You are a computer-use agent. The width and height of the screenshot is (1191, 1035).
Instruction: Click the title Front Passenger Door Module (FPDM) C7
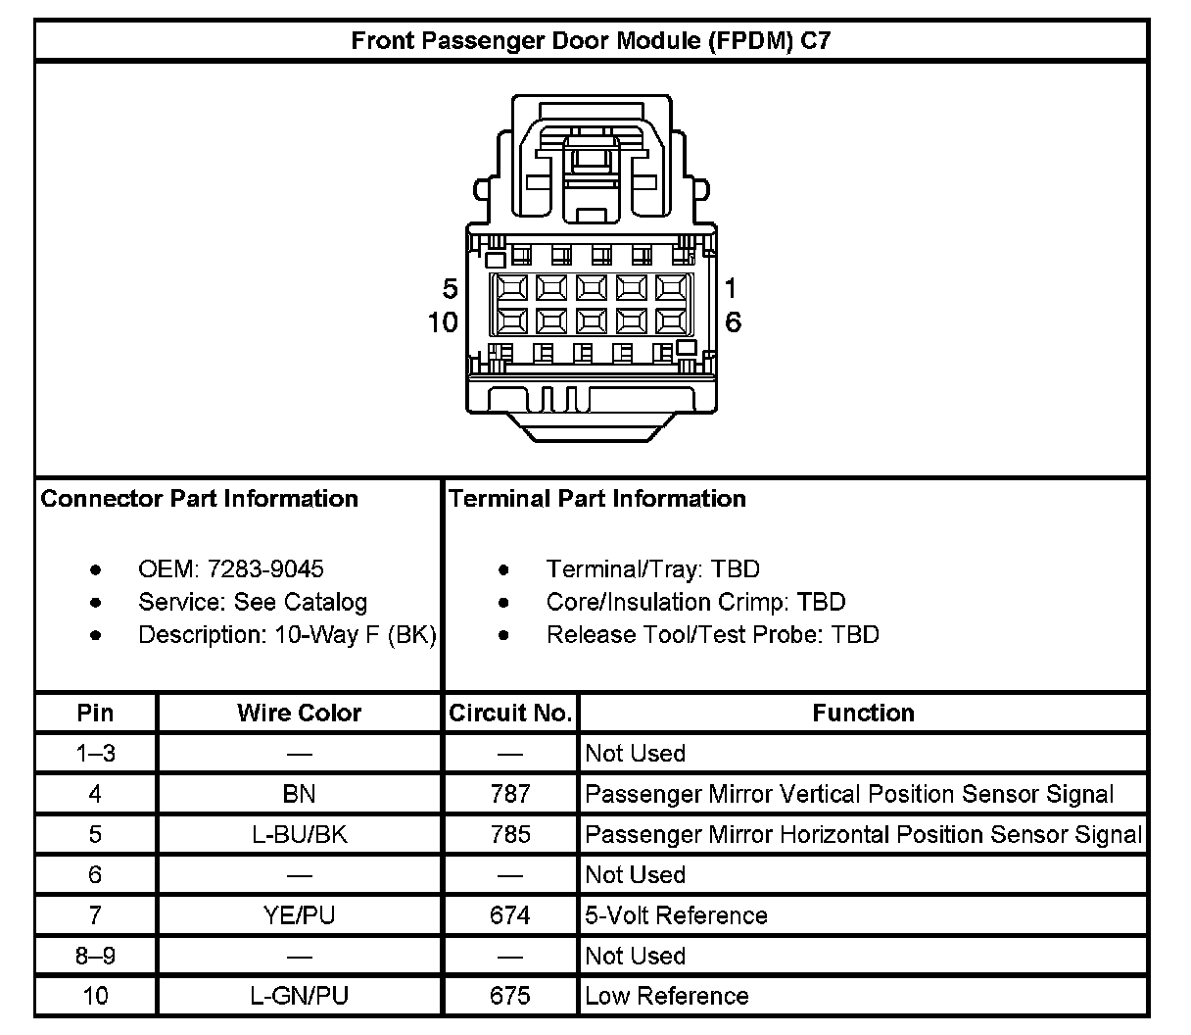pyautogui.click(x=591, y=41)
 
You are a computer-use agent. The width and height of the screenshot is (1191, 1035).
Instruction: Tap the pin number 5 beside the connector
pyautogui.click(x=450, y=289)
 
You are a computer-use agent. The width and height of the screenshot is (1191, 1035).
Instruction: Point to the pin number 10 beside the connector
pyautogui.click(x=443, y=322)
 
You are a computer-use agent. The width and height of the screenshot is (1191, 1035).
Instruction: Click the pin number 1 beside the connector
pyautogui.click(x=731, y=289)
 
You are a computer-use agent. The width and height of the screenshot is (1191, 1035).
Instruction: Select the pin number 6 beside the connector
pyautogui.click(x=733, y=322)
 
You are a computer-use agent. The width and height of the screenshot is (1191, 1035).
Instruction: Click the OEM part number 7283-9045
pyautogui.click(x=265, y=569)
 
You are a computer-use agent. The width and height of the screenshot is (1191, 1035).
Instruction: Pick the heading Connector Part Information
pyautogui.click(x=200, y=499)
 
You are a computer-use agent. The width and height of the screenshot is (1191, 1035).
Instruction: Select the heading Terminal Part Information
pyautogui.click(x=597, y=499)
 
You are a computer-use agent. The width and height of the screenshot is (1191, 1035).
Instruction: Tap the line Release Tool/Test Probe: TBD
pyautogui.click(x=712, y=635)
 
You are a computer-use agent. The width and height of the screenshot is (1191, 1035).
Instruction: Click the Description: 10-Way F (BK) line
pyautogui.click(x=287, y=635)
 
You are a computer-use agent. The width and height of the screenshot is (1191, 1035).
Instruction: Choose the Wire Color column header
pyautogui.click(x=299, y=713)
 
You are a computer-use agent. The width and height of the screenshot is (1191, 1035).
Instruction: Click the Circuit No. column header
pyautogui.click(x=510, y=713)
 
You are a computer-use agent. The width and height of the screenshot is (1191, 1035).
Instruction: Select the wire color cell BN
pyautogui.click(x=299, y=794)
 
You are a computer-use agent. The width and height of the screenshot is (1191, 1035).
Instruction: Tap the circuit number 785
pyautogui.click(x=510, y=834)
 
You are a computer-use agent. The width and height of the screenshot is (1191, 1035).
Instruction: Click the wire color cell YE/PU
pyautogui.click(x=299, y=915)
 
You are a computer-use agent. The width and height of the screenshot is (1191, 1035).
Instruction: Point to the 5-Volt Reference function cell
pyautogui.click(x=676, y=915)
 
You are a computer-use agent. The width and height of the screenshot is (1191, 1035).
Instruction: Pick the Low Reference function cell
pyautogui.click(x=666, y=996)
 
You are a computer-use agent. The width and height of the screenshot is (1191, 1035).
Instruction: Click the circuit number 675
pyautogui.click(x=510, y=996)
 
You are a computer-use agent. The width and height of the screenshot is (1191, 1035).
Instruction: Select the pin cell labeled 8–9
pyautogui.click(x=95, y=956)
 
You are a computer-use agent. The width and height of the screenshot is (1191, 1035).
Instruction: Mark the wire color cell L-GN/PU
pyautogui.click(x=299, y=996)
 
